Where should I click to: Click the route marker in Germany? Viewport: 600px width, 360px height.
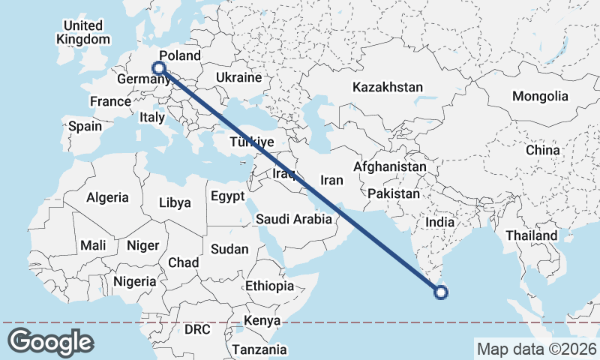click(x=158, y=67)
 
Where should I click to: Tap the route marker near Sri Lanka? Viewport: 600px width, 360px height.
click(x=442, y=292)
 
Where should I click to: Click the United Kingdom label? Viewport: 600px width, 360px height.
click(x=84, y=32)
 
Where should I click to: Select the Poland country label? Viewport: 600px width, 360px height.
click(x=180, y=56)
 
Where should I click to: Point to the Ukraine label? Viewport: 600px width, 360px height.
click(x=238, y=77)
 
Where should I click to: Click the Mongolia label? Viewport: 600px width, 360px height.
click(x=540, y=96)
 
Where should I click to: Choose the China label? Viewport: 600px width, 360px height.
click(x=543, y=150)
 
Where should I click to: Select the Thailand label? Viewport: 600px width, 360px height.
click(x=531, y=235)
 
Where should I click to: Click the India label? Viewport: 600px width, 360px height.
click(x=439, y=222)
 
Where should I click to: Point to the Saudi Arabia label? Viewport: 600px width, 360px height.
click(x=293, y=219)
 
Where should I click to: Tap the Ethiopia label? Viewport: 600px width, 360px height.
click(x=269, y=286)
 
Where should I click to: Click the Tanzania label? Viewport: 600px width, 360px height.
click(x=259, y=349)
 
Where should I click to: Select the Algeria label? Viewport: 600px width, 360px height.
click(x=107, y=198)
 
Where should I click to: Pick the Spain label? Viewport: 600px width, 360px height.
click(x=85, y=126)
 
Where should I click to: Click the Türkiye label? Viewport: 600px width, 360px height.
click(x=252, y=142)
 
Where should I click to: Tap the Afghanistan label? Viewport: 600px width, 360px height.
click(x=390, y=166)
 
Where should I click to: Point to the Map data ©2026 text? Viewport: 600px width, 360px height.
click(x=536, y=349)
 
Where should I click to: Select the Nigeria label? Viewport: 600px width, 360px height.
click(x=135, y=281)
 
